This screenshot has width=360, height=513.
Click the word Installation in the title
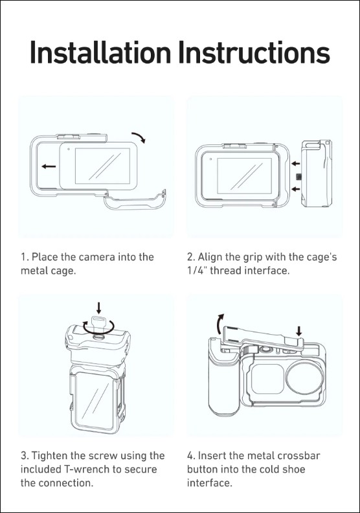100,52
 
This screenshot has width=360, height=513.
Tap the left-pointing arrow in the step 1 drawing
49,166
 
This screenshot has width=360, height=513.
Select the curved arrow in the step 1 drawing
139,137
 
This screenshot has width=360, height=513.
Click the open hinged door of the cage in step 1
135,200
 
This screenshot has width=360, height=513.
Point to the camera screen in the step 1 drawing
102,166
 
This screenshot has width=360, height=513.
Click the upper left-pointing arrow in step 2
296,163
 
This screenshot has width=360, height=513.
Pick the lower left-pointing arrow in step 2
296,188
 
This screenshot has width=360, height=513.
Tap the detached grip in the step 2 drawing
316,174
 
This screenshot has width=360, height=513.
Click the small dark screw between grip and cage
298,177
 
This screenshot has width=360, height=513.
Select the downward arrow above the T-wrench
99,308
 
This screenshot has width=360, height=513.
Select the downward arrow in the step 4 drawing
299,330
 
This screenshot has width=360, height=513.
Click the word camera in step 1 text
97,257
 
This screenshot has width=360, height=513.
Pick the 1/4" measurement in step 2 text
197,271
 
